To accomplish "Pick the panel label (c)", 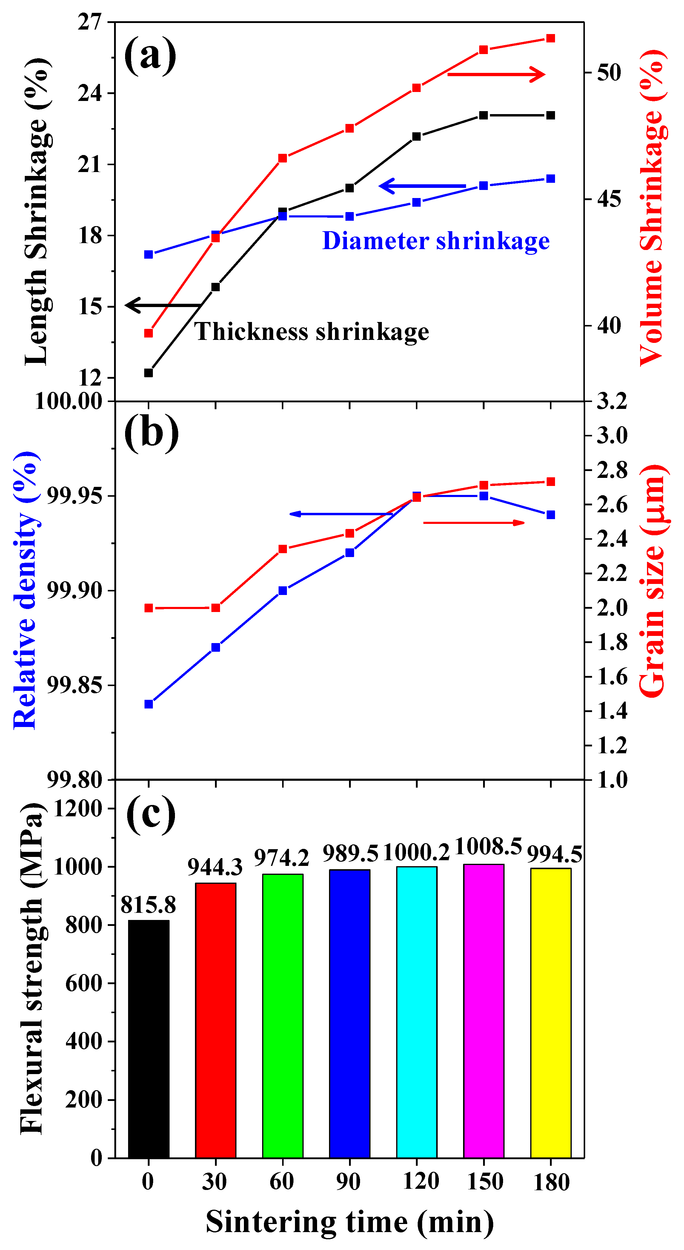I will tap(151, 814).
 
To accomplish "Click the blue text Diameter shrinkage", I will tap(436, 241).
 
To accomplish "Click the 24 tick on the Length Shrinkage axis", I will tap(90, 93).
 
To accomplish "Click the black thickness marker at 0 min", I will tap(148, 373).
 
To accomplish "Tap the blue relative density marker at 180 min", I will tap(550, 515).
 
